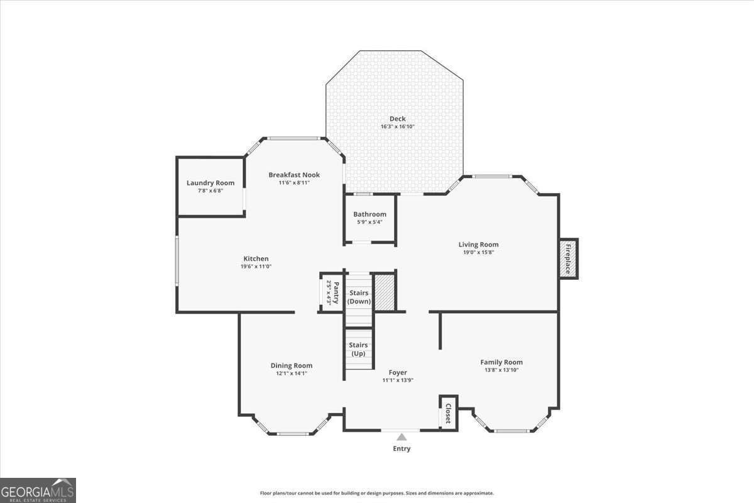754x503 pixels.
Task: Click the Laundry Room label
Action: pyautogui.click(x=210, y=183)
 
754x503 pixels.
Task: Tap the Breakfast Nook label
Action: pyautogui.click(x=294, y=175)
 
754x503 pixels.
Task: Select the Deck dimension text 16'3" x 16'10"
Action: pyautogui.click(x=397, y=126)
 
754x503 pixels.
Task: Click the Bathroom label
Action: pyautogui.click(x=369, y=214)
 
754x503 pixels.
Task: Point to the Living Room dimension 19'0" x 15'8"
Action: pyautogui.click(x=478, y=252)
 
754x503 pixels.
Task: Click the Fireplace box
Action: pyautogui.click(x=568, y=258)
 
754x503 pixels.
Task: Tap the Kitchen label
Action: pyautogui.click(x=256, y=258)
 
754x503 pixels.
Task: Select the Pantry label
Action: pyautogui.click(x=336, y=292)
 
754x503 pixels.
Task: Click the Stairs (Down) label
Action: pyautogui.click(x=359, y=297)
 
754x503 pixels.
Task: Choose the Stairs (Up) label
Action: pyautogui.click(x=358, y=349)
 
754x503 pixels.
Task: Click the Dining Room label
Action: pyautogui.click(x=292, y=365)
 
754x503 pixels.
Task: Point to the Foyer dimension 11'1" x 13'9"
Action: pyautogui.click(x=398, y=380)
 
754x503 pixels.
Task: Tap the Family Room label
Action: pyautogui.click(x=501, y=362)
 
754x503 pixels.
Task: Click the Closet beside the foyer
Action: pyautogui.click(x=448, y=414)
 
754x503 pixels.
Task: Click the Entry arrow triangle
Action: pyautogui.click(x=402, y=436)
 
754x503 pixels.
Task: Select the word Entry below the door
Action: pyautogui.click(x=402, y=449)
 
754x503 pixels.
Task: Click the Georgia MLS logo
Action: pyautogui.click(x=38, y=490)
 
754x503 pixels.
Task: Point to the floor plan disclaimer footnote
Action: pyautogui.click(x=376, y=493)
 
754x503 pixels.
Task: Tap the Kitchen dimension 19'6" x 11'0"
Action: pyautogui.click(x=256, y=267)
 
